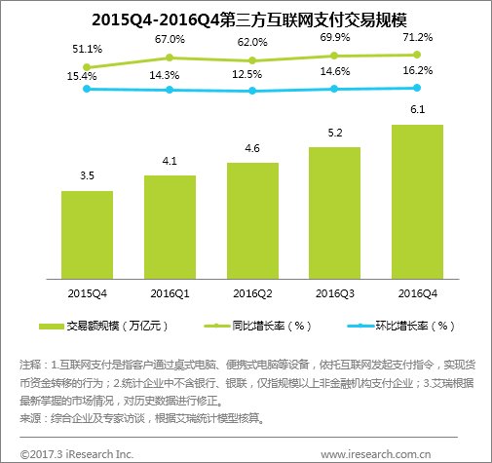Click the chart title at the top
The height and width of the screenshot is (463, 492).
point(246,19)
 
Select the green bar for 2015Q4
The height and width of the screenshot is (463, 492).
point(87,234)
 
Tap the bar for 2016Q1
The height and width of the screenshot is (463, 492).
point(170,226)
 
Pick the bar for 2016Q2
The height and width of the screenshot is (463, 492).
point(252,219)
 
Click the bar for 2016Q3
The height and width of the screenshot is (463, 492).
point(334,212)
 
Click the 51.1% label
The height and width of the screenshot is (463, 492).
point(87,48)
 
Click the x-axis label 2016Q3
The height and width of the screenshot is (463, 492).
point(334,292)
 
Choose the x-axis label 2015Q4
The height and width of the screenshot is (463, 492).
point(87,292)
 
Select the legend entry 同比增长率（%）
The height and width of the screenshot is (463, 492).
point(259,325)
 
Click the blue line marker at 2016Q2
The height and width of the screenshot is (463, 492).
point(252,91)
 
